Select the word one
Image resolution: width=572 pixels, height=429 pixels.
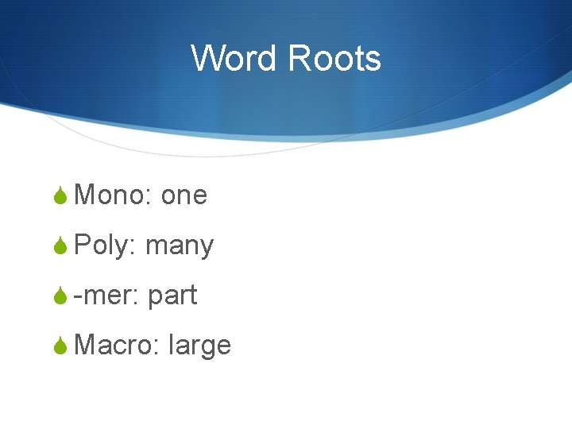184,195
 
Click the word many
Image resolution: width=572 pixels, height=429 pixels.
180,247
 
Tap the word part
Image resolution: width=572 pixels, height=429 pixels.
172,296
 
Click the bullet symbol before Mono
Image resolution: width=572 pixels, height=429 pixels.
61,195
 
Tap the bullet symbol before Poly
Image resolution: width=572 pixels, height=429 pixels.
61,245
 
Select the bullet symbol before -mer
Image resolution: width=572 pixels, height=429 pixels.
61,296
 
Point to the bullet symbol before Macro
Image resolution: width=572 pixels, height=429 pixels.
61,346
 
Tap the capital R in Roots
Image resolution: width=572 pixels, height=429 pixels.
299,59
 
